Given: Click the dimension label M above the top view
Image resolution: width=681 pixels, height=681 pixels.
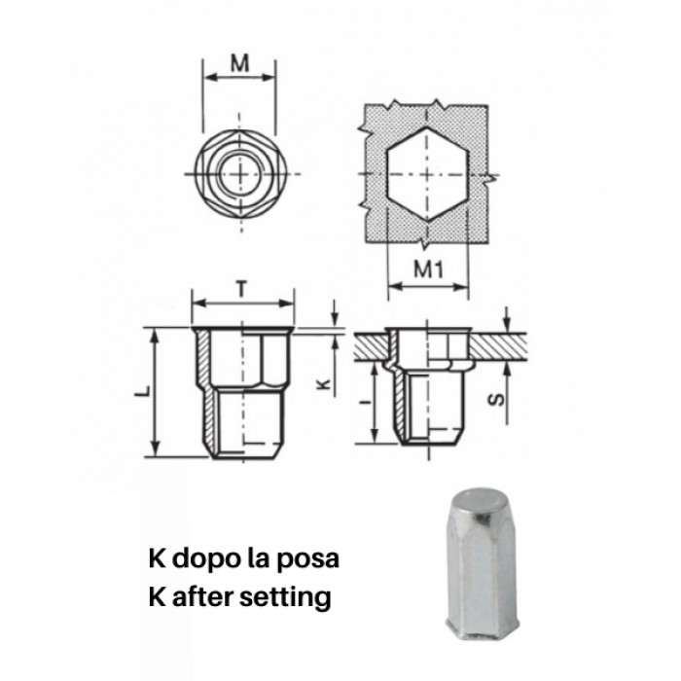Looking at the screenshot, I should tap(238, 63).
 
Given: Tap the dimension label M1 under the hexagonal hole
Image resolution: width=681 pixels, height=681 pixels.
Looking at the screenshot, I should tap(429, 271).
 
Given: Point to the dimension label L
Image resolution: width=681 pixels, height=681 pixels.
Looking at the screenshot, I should tap(143, 390).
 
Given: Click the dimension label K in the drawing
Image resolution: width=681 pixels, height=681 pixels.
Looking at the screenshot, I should tap(325, 382).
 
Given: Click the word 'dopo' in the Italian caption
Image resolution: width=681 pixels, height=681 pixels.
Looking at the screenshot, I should tap(201, 561).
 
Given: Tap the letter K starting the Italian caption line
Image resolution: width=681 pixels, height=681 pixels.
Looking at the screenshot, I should tap(156, 560).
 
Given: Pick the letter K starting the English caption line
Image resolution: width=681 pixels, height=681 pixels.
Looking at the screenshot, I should tap(156, 596).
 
